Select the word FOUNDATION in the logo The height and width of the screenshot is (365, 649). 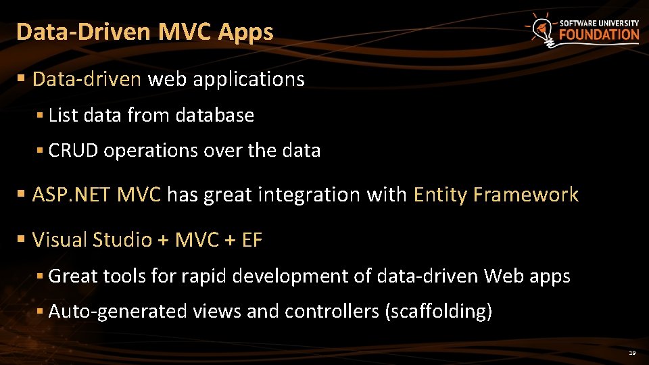coord(599,34)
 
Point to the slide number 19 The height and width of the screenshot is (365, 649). coord(632,354)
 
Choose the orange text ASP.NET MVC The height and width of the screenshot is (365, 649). coord(97,195)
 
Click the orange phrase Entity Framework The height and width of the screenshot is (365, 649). coord(496,195)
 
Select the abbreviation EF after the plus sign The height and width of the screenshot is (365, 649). coord(251,240)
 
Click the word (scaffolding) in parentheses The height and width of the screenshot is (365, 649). coord(438,312)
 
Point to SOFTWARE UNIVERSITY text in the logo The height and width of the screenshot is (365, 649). coord(599,22)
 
